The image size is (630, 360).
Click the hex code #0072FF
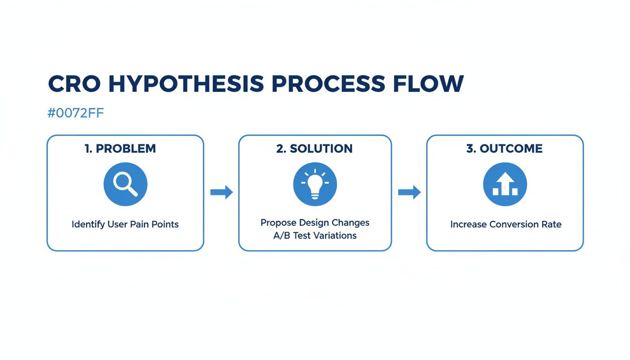pyautogui.click(x=75, y=114)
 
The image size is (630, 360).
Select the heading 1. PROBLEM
pyautogui.click(x=120, y=149)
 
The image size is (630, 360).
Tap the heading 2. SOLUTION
pyautogui.click(x=315, y=149)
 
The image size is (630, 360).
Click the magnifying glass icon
pyautogui.click(x=125, y=184)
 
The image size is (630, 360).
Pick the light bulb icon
pyautogui.click(x=315, y=184)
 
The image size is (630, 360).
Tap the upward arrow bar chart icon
pyautogui.click(x=505, y=184)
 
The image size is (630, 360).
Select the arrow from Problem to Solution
pyautogui.click(x=221, y=192)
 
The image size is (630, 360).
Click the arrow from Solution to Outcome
pyautogui.click(x=409, y=192)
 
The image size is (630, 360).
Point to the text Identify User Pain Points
pyautogui.click(x=125, y=225)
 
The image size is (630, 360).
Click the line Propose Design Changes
pyautogui.click(x=315, y=223)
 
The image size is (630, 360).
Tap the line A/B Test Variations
pyautogui.click(x=315, y=235)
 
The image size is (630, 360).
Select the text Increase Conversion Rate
pyautogui.click(x=506, y=225)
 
